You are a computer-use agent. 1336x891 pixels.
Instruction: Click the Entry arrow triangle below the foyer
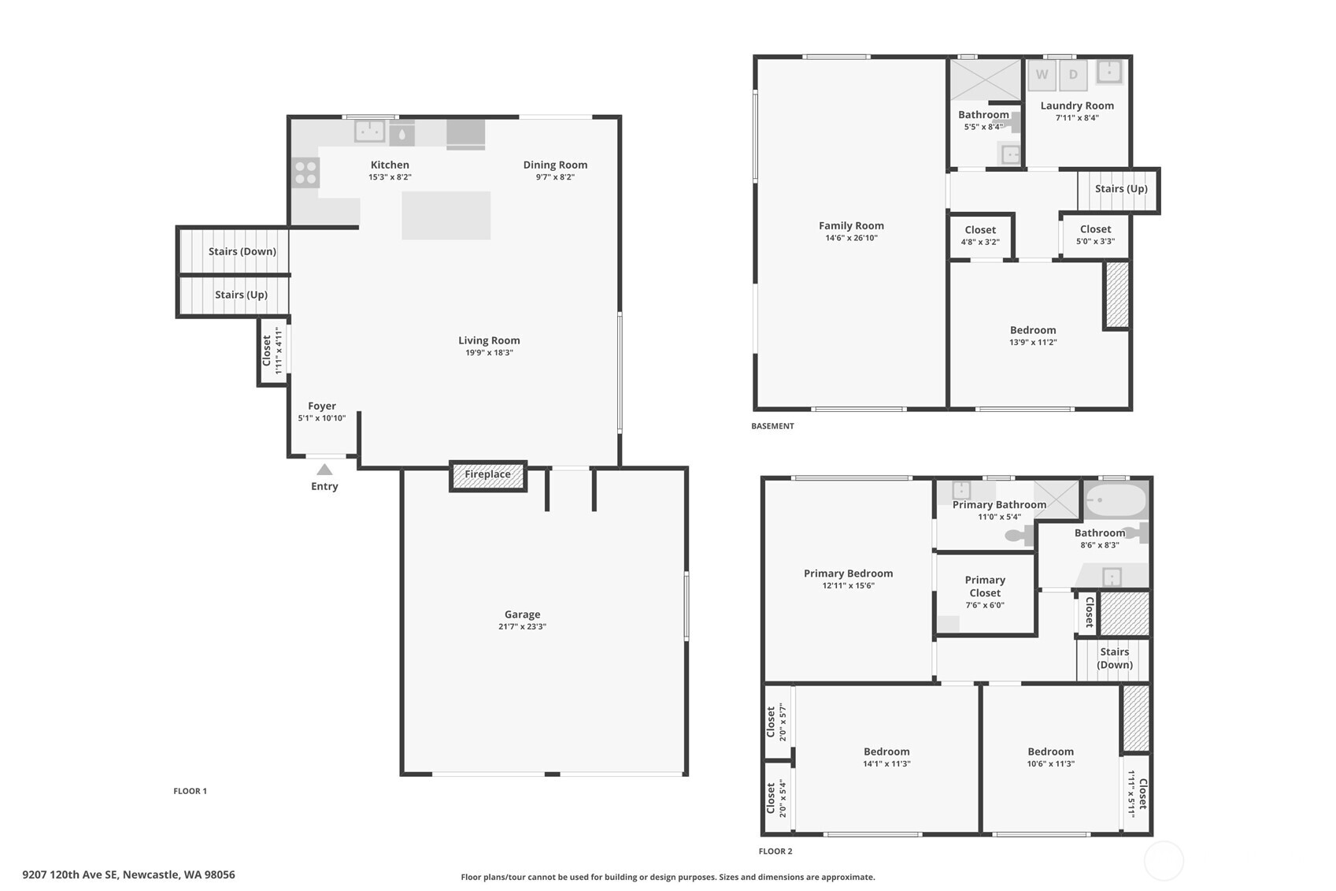[x=324, y=470]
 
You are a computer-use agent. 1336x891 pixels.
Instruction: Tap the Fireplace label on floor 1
[x=487, y=474]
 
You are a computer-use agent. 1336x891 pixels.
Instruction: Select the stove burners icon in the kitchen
[x=305, y=173]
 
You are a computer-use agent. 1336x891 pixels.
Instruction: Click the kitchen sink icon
[x=369, y=131]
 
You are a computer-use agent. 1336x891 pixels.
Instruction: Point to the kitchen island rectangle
[x=446, y=215]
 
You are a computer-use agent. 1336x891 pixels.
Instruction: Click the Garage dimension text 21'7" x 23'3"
[x=522, y=627]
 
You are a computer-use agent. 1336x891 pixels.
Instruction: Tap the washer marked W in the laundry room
[x=1042, y=75]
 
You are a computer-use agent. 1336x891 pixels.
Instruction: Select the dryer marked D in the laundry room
[x=1073, y=75]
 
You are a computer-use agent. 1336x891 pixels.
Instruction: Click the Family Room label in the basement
[x=851, y=225]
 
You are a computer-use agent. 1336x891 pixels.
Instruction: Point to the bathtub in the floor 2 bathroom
[x=1116, y=500]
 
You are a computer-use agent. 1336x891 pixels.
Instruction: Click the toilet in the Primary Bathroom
[x=1020, y=536]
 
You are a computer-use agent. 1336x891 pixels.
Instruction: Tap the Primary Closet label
[x=985, y=586]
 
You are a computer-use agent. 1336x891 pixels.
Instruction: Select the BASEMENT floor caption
[x=772, y=426]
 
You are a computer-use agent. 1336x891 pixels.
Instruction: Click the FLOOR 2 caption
[x=775, y=851]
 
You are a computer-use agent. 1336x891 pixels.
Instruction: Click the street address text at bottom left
[x=128, y=874]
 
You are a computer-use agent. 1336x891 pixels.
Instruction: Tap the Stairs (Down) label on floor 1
[x=242, y=251]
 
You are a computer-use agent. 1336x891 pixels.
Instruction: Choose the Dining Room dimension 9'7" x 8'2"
[x=555, y=177]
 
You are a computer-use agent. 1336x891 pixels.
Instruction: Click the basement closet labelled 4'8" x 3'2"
[x=980, y=236]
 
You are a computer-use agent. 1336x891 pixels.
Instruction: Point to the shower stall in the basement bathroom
[x=985, y=80]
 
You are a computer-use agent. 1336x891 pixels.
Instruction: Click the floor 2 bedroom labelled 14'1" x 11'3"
[x=886, y=757]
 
